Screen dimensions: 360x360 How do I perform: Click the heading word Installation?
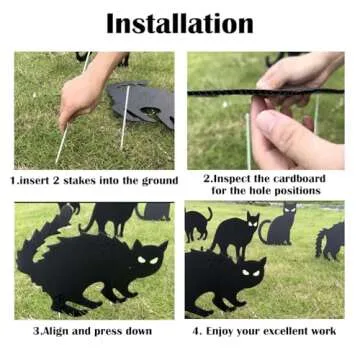tap(180, 22)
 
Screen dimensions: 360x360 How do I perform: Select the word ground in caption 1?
tap(159, 181)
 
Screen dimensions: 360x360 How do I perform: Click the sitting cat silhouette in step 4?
tap(279, 225)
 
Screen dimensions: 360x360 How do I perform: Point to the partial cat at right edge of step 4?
tap(332, 240)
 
